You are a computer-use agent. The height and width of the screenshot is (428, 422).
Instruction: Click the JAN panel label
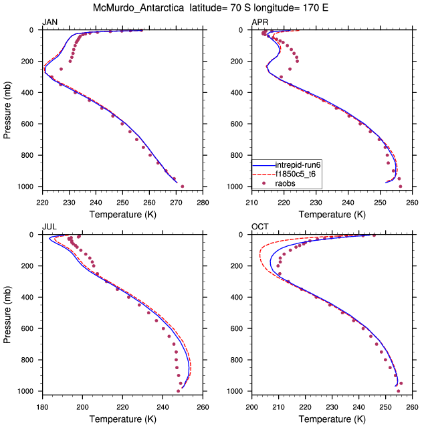coord(49,23)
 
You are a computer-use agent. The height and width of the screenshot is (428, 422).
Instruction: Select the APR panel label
coord(259,23)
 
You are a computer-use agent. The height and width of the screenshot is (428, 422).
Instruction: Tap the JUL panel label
coord(49,227)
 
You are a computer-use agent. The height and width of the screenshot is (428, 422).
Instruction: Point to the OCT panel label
coord(259,227)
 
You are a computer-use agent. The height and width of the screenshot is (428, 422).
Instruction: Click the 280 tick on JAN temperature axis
coord(203,201)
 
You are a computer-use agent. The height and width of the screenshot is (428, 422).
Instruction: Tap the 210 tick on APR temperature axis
coord(252,201)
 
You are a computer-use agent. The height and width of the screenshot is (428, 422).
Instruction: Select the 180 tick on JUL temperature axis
coord(42,406)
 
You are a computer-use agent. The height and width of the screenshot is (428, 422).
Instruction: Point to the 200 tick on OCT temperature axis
coord(252,406)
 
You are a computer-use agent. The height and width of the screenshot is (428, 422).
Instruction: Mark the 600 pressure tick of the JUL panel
coord(30,328)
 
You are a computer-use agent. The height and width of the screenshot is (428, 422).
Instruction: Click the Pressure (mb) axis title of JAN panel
coord(8,108)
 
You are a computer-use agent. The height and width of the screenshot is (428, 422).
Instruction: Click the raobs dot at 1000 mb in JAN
coord(183,187)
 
